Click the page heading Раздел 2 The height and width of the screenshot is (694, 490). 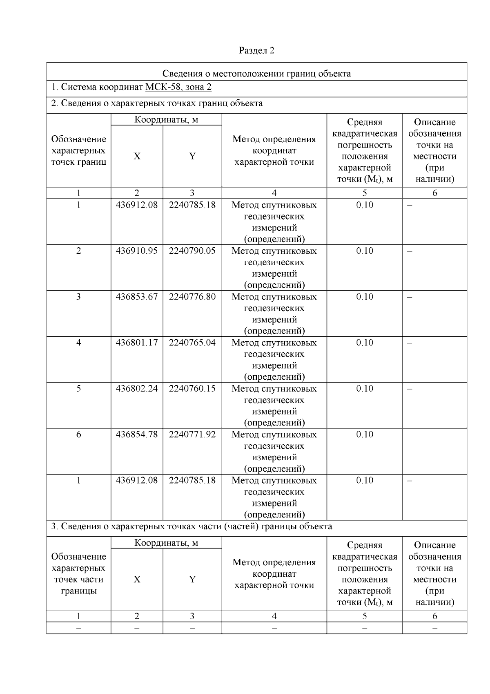(256, 50)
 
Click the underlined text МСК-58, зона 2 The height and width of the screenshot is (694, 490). (178, 87)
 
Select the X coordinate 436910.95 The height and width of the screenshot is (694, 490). (136, 251)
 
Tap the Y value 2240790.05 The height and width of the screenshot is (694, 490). (192, 251)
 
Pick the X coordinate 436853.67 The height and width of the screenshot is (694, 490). (136, 296)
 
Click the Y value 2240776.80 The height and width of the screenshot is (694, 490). (192, 296)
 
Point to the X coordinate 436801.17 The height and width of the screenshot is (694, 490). (136, 342)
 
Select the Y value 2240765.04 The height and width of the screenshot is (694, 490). (192, 342)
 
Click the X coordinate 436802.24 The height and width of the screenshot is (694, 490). (136, 388)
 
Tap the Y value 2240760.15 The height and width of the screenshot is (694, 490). (192, 388)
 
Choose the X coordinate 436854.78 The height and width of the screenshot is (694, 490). (136, 434)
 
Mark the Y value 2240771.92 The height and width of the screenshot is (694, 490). (192, 434)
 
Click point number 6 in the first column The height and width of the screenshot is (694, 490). (78, 434)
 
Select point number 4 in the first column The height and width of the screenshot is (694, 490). (78, 342)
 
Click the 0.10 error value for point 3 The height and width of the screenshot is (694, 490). (364, 296)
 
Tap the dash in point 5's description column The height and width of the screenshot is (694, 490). (410, 389)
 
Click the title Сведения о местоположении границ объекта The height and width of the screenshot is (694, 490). (256, 74)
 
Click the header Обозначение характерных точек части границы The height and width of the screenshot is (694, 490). (78, 573)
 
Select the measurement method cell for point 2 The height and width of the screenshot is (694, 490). (274, 267)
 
